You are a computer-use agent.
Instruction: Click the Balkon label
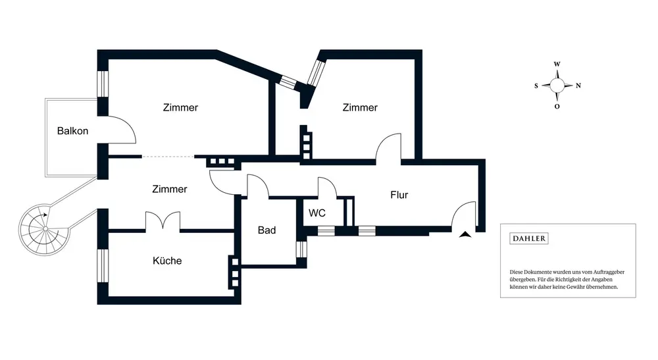tap(72, 131)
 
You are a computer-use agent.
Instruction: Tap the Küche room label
tap(167, 261)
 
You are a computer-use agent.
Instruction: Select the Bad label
tap(267, 230)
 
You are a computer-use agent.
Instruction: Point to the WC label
tap(317, 213)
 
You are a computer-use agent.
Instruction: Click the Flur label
tap(399, 195)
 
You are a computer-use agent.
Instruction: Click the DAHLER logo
tap(529, 238)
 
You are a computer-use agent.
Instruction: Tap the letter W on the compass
tap(557, 64)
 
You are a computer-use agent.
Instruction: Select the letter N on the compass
tap(578, 86)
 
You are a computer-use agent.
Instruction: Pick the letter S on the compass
tap(536, 86)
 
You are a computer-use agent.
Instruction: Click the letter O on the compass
tap(557, 107)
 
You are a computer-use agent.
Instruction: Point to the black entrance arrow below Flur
tap(465, 234)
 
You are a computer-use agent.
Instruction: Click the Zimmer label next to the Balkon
tap(180, 107)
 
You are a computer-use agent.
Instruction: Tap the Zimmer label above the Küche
tap(170, 189)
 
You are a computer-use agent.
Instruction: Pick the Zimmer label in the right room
tap(360, 107)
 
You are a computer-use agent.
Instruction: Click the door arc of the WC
tap(332, 182)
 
